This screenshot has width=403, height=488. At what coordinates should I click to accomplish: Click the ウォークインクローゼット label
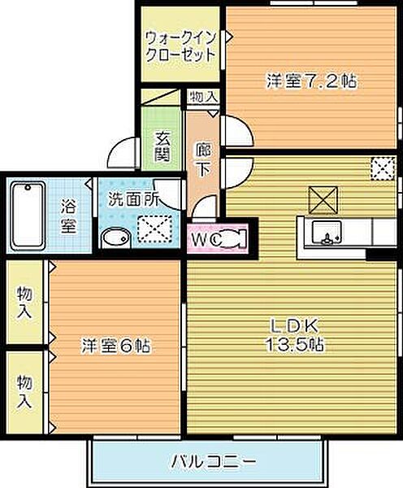[x=180, y=46]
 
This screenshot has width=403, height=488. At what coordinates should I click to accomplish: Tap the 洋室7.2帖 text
[x=313, y=81]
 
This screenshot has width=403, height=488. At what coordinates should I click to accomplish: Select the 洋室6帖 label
[x=115, y=346]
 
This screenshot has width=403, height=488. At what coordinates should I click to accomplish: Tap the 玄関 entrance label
[x=162, y=147]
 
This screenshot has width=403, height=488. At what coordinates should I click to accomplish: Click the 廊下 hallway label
[x=203, y=156]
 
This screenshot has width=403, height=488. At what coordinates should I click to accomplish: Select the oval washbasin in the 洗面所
[x=115, y=237]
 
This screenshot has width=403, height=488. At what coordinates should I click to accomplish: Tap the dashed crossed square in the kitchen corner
[x=381, y=168]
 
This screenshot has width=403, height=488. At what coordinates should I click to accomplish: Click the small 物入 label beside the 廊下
[x=203, y=97]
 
